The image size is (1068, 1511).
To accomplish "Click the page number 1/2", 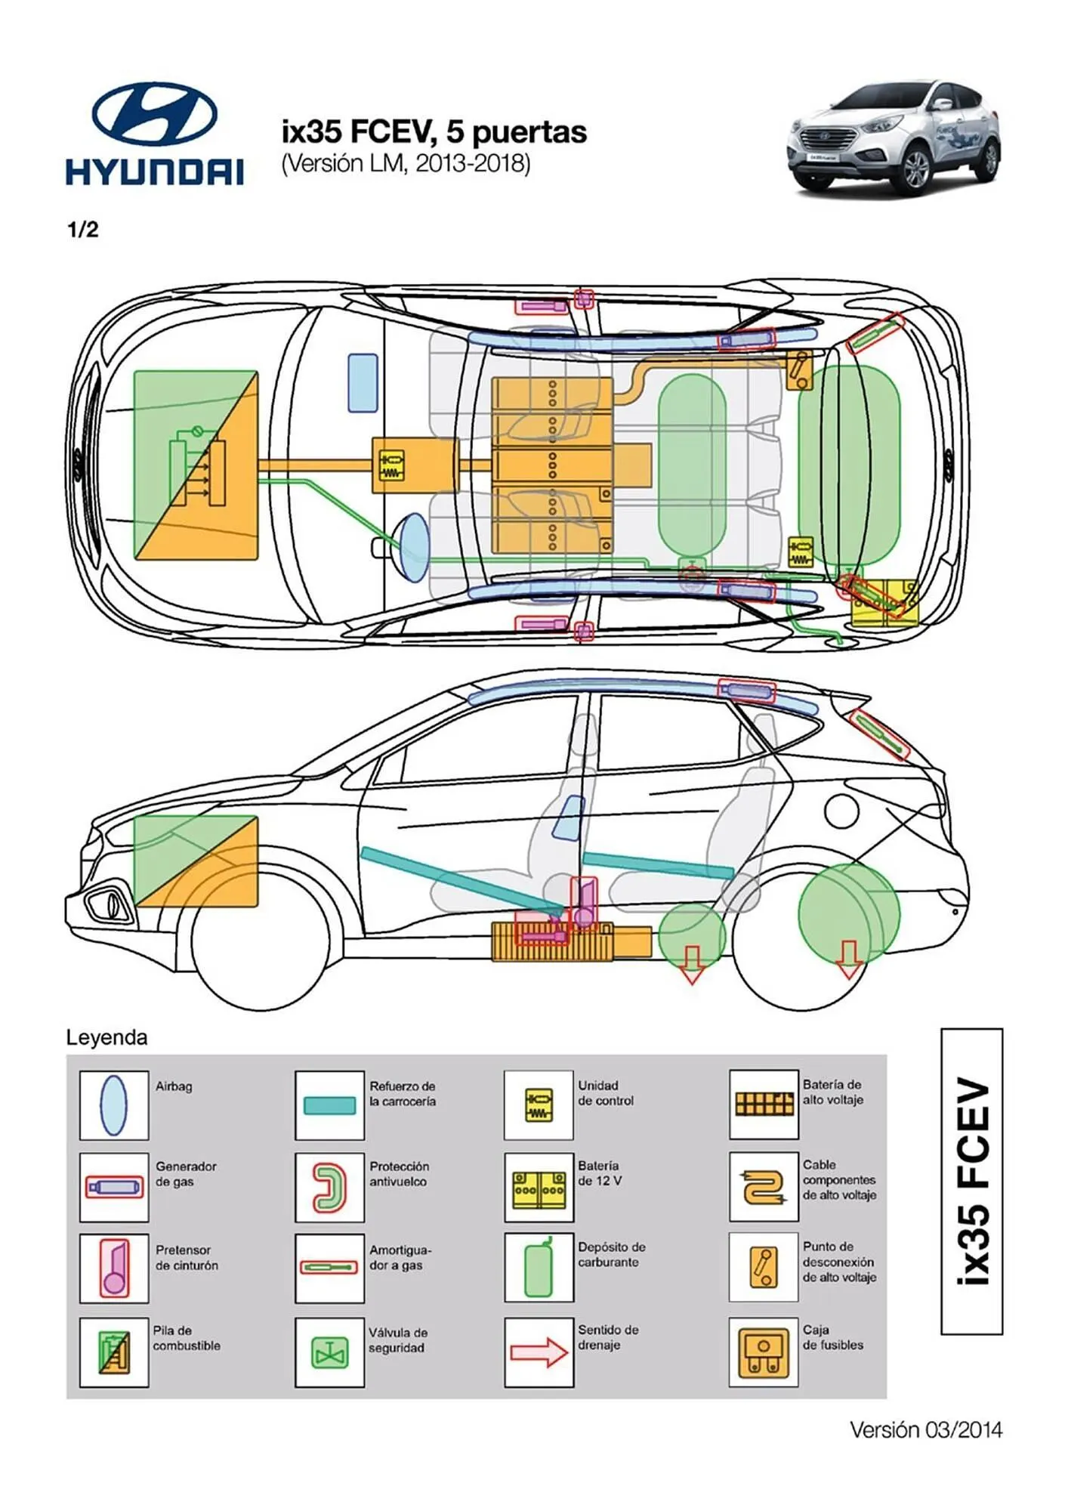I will [x=83, y=230].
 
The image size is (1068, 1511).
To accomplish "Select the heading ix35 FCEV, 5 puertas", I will [x=434, y=132].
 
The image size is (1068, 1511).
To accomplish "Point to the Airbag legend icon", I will [x=114, y=1105].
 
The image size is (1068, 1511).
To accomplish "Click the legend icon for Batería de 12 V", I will [x=539, y=1187].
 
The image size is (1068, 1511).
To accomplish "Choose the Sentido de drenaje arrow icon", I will [x=539, y=1352].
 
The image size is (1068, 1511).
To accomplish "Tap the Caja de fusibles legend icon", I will [x=763, y=1352].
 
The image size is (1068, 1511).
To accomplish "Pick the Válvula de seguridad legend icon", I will [x=329, y=1352].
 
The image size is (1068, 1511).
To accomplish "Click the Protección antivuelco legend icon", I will [x=329, y=1187].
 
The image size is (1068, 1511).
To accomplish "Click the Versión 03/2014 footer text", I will [x=926, y=1429].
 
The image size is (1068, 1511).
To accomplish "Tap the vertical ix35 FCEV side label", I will [x=972, y=1182].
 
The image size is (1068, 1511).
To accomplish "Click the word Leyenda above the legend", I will [x=106, y=1037].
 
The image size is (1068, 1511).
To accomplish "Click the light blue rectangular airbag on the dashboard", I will [x=363, y=383].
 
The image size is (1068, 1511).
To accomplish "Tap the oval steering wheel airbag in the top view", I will [x=414, y=547].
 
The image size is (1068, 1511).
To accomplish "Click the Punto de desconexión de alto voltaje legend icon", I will [x=763, y=1269].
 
